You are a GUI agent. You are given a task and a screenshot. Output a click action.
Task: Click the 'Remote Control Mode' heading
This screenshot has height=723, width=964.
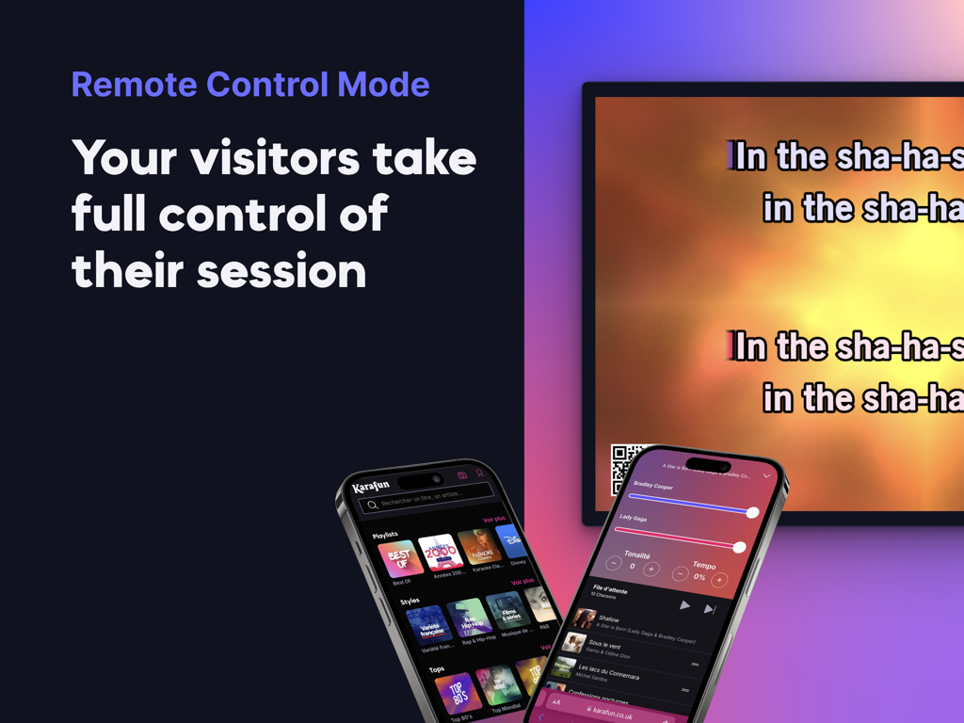[250, 85]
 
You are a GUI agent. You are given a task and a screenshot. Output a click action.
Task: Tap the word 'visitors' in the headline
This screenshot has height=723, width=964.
[276, 157]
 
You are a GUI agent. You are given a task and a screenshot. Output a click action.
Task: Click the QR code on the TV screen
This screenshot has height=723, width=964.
[625, 465]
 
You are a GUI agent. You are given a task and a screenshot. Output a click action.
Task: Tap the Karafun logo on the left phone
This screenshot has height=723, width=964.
[370, 487]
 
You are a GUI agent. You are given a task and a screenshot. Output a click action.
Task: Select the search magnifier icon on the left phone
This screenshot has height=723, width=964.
[373, 506]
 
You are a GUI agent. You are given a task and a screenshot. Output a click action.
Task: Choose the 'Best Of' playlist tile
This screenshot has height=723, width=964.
[400, 558]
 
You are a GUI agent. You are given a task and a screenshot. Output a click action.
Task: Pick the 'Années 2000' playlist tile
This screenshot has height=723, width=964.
[440, 552]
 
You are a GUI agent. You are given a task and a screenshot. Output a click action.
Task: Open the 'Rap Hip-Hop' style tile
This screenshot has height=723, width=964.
[469, 618]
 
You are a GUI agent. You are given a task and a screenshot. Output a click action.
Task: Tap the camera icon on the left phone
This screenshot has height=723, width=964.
[462, 475]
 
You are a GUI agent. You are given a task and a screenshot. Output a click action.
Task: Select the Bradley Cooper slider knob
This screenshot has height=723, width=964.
[752, 512]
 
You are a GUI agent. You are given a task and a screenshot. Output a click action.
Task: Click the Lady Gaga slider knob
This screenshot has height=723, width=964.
[739, 547]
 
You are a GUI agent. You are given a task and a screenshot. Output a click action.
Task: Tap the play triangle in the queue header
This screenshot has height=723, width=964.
[685, 605]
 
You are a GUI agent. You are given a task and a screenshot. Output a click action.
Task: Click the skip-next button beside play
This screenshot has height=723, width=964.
[710, 610]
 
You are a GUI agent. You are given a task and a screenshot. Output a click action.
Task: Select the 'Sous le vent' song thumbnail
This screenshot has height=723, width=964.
[572, 644]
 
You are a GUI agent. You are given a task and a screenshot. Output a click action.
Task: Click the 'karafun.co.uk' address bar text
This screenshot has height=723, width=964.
[612, 715]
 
